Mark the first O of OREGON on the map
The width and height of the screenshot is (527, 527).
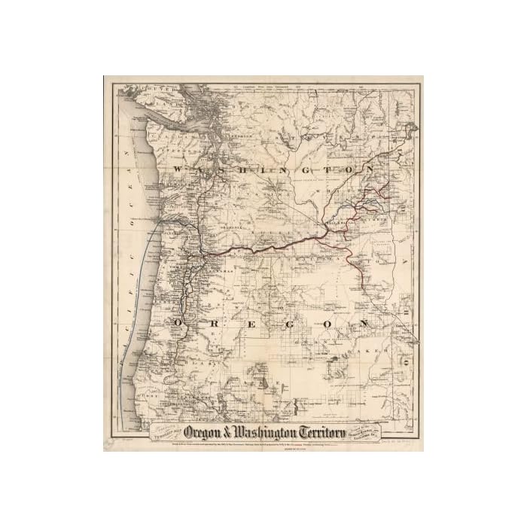click(178, 323)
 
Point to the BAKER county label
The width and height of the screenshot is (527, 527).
click(376, 350)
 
